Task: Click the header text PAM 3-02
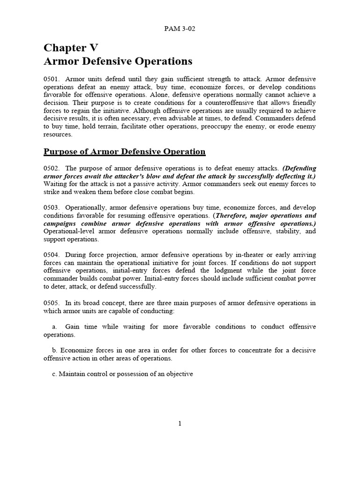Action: (180, 29)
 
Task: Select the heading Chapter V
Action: (71, 48)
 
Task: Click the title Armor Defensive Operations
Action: (118, 61)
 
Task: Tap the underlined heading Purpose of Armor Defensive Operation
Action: (124, 151)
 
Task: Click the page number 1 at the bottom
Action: (180, 424)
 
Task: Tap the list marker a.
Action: (54, 327)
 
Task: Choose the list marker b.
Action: (54, 351)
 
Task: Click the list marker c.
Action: (54, 374)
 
